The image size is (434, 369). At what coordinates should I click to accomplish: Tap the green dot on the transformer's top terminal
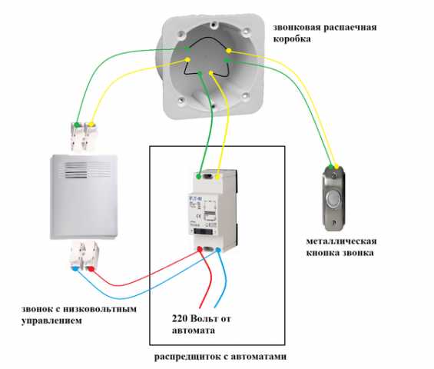click(x=199, y=176)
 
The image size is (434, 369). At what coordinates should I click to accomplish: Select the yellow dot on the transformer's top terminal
click(x=218, y=177)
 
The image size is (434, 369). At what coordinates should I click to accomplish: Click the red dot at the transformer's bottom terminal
click(x=200, y=249)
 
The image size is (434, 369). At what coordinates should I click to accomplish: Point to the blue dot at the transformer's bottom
click(x=218, y=250)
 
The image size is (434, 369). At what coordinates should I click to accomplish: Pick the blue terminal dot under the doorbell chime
click(x=75, y=268)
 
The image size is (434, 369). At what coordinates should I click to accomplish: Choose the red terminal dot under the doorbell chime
click(x=91, y=268)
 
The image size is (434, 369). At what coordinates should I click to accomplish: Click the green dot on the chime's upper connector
click(x=77, y=125)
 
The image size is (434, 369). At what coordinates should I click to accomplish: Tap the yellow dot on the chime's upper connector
click(x=91, y=125)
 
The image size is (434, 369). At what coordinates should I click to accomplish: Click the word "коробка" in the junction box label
click(x=292, y=38)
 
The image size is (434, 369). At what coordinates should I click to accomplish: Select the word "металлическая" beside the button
click(x=341, y=241)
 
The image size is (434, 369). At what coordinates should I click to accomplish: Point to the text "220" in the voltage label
click(x=180, y=318)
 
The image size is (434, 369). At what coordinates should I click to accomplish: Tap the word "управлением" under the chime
click(x=51, y=321)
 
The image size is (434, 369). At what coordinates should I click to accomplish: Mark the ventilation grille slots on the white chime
click(x=76, y=170)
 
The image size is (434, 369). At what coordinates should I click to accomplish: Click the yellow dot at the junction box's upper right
click(x=229, y=51)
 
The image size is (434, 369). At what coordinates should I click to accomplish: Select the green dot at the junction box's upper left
click(x=187, y=48)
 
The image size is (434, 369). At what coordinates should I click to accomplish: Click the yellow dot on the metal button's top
click(x=336, y=167)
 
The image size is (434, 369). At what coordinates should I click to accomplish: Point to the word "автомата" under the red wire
click(x=194, y=331)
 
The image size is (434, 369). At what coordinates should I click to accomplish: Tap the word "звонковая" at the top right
click(x=297, y=28)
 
